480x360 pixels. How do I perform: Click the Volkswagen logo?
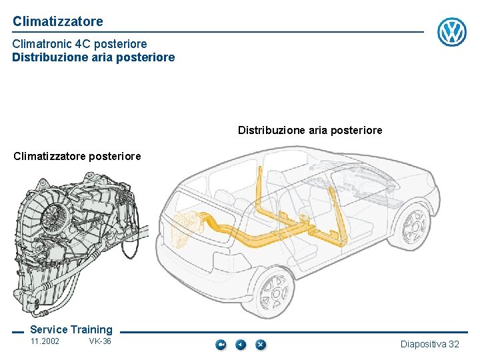tap(451, 31)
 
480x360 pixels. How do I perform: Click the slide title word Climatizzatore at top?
tap(58, 21)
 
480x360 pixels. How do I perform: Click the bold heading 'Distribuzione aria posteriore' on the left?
tap(93, 57)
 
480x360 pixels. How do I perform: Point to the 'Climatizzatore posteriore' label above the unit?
tap(77, 156)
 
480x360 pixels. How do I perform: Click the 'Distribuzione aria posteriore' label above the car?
tap(310, 130)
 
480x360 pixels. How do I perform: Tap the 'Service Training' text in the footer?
tap(71, 329)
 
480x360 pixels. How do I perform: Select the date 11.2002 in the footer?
tap(45, 342)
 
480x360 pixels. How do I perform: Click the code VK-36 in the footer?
tap(100, 342)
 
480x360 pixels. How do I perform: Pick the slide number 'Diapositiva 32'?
tap(430, 344)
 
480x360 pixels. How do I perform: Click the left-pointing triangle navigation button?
tap(241, 345)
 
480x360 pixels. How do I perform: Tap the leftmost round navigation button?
tap(221, 345)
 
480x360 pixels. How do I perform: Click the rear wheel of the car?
tap(276, 292)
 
